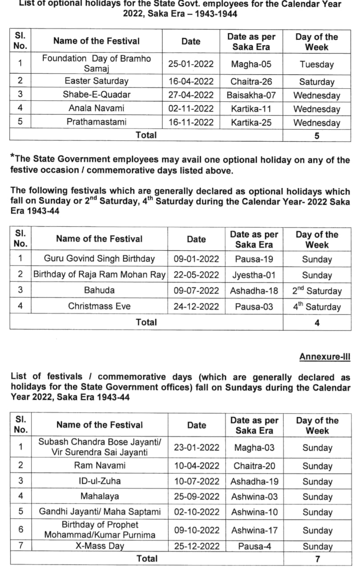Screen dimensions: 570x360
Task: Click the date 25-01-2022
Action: click(191, 64)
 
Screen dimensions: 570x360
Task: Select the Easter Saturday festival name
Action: click(96, 81)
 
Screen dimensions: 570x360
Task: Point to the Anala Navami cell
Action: click(96, 108)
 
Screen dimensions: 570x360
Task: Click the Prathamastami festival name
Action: click(96, 122)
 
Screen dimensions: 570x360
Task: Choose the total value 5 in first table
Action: click(316, 136)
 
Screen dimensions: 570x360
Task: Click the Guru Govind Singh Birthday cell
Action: click(99, 259)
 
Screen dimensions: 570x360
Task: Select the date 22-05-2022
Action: click(196, 275)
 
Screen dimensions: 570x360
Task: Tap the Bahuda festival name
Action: click(99, 290)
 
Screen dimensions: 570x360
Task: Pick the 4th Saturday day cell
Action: click(317, 306)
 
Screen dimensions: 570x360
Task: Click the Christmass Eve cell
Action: click(99, 306)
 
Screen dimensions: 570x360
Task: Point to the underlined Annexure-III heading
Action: click(324, 357)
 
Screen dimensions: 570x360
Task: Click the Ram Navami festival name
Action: click(100, 465)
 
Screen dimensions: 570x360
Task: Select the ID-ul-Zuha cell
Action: click(100, 481)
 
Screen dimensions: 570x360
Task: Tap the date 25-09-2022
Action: click(197, 496)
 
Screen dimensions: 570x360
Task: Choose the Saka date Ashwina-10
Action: click(254, 512)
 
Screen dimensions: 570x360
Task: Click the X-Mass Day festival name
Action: click(100, 546)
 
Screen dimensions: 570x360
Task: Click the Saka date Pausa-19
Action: click(254, 259)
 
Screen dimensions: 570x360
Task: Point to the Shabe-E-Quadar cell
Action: click(96, 95)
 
